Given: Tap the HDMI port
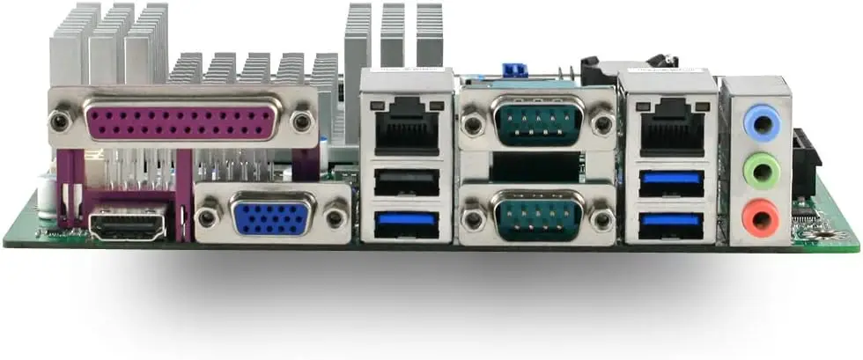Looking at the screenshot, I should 127,224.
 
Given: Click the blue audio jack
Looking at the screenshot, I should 761,124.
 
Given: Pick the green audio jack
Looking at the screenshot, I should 761,168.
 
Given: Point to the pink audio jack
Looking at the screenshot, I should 760,216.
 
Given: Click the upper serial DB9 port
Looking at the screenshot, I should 537,122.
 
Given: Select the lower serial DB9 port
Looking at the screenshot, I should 537,215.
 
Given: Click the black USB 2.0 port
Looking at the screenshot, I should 407,182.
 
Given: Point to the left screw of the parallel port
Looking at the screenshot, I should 61,119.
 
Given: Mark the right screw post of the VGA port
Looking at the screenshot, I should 335,216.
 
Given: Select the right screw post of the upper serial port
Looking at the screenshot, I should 601,124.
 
